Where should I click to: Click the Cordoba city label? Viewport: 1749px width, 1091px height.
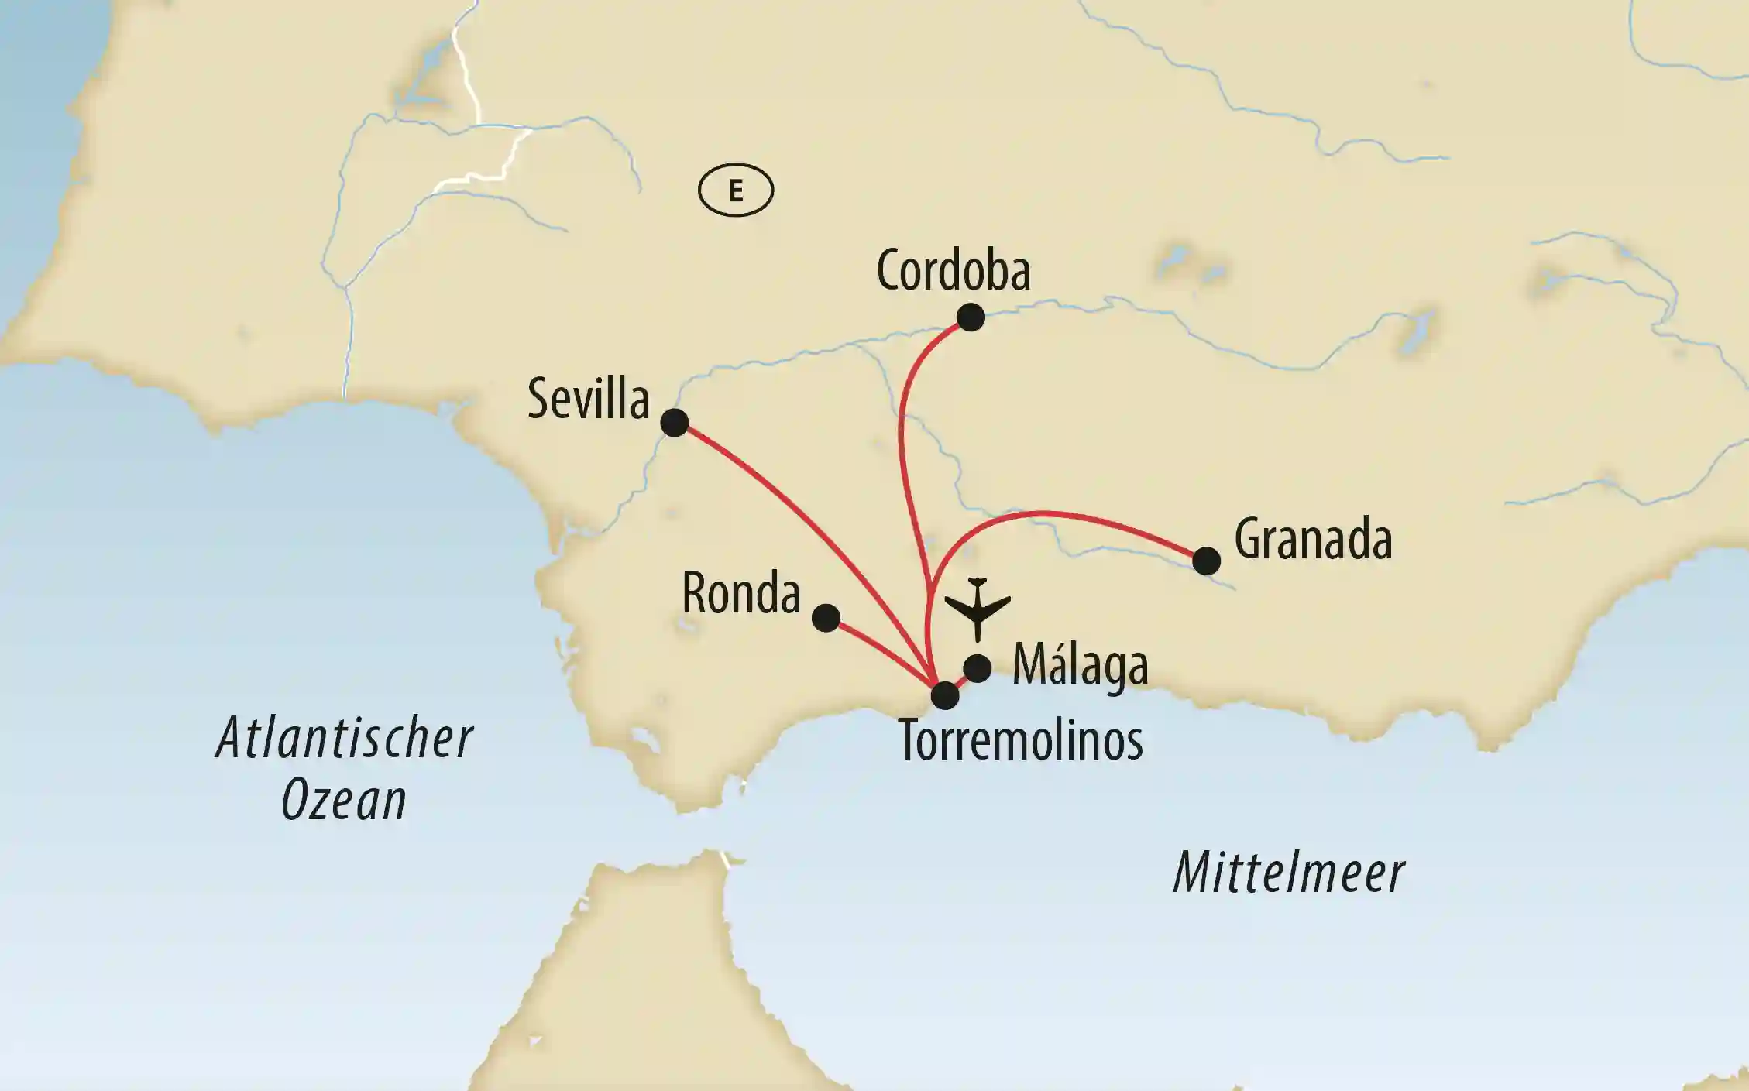pos(953,271)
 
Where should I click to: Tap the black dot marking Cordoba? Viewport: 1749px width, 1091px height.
pos(970,317)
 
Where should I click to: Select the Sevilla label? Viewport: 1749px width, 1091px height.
pos(588,400)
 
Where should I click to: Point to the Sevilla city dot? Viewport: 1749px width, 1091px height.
pos(674,423)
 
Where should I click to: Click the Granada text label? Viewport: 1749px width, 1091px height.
pos(1313,540)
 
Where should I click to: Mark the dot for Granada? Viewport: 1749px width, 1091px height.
pos(1206,561)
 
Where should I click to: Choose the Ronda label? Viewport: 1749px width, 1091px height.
pos(740,595)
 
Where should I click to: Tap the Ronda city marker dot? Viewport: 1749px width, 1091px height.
pos(826,618)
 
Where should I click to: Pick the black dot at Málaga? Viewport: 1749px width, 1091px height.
pos(978,668)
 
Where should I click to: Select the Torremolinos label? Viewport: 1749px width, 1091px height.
pos(1020,741)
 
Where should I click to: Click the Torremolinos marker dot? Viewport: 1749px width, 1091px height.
pos(944,695)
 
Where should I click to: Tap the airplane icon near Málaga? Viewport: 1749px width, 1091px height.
pos(978,608)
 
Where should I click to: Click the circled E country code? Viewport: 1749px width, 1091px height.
pos(735,190)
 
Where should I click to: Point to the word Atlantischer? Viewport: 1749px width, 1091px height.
pos(345,739)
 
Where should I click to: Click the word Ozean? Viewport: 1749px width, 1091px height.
pos(344,801)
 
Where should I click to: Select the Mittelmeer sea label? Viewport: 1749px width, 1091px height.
pos(1289,873)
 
